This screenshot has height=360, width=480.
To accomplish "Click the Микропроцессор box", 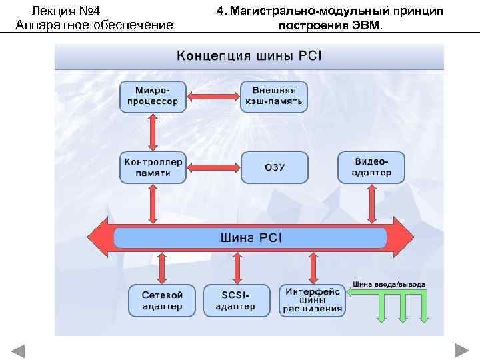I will pyautogui.click(x=153, y=97).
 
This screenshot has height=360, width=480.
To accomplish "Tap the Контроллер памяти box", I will pyautogui.click(x=153, y=167).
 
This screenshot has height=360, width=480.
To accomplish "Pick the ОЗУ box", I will pyautogui.click(x=275, y=167).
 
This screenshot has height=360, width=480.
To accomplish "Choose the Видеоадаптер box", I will pyautogui.click(x=371, y=167).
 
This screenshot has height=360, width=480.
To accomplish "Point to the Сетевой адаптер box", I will pyautogui.click(x=162, y=301).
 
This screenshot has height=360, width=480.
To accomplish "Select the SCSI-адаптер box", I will pyautogui.click(x=235, y=301).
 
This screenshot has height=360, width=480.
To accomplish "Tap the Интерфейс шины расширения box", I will pyautogui.click(x=313, y=300).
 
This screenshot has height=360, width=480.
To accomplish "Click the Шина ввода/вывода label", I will pyautogui.click(x=389, y=285).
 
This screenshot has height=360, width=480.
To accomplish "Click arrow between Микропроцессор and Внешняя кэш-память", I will pyautogui.click(x=213, y=97).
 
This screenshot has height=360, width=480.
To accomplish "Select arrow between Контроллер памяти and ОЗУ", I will pyautogui.click(x=213, y=167).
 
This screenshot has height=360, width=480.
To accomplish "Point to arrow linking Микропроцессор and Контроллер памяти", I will pyautogui.click(x=153, y=132).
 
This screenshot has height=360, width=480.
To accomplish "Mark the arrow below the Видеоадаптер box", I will pyautogui.click(x=372, y=203).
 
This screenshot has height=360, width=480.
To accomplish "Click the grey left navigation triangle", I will pyautogui.click(x=19, y=351).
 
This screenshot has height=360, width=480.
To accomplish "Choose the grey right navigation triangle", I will pyautogui.click(x=461, y=351).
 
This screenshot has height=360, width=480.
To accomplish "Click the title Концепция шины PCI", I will pyautogui.click(x=249, y=55).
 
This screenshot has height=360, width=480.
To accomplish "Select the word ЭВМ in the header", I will pyautogui.click(x=367, y=26).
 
